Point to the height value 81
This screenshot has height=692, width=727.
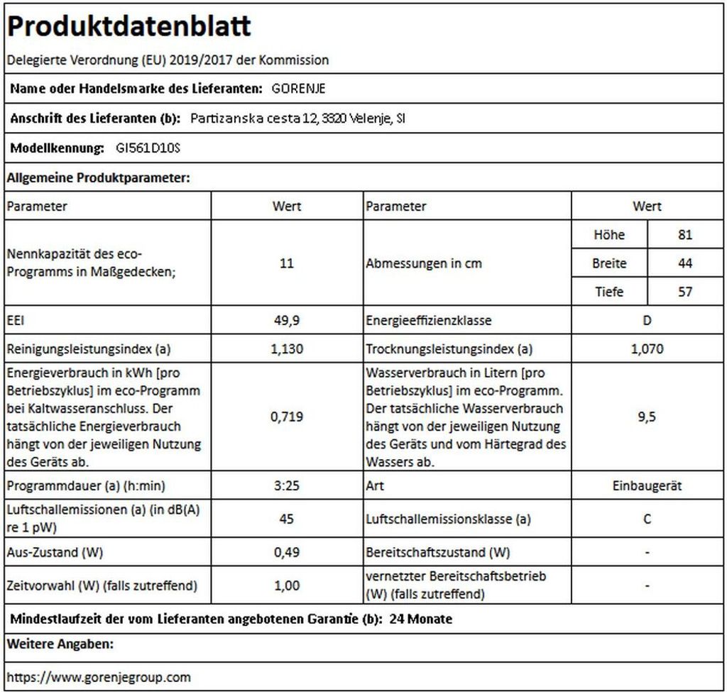click(684, 235)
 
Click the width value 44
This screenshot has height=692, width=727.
click(684, 263)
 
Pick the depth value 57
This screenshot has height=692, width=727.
click(684, 292)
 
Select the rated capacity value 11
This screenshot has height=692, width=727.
click(287, 263)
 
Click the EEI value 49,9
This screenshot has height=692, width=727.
click(287, 320)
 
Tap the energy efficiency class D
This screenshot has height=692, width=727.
click(647, 320)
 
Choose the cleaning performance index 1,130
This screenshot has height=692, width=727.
click(287, 348)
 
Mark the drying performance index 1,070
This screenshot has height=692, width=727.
click(647, 348)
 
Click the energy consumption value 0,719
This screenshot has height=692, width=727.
click(287, 417)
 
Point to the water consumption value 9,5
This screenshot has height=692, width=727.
click(647, 417)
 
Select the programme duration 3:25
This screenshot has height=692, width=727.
click(287, 486)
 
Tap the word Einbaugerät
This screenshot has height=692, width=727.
click(647, 486)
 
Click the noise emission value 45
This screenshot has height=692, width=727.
click(287, 519)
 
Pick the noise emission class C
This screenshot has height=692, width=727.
click(647, 519)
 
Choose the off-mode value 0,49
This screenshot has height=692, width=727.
click(287, 551)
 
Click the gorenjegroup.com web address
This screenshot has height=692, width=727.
click(99, 676)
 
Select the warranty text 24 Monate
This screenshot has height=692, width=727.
click(421, 619)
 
